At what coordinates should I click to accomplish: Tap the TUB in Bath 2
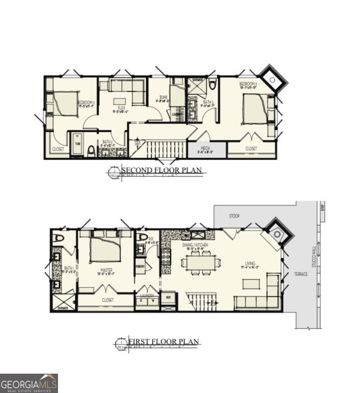(x=77, y=144)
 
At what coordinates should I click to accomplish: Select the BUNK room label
(x=163, y=98)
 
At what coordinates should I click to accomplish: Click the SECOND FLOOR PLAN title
(x=163, y=171)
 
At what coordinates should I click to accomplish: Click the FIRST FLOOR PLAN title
(x=164, y=341)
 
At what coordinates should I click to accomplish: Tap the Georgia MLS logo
(x=29, y=383)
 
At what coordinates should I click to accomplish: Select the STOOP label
(x=235, y=217)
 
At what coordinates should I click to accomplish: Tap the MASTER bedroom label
(x=106, y=270)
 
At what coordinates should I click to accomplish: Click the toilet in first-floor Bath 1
(x=59, y=238)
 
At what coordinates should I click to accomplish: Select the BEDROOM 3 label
(x=248, y=85)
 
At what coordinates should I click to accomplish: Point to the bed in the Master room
(x=105, y=249)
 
